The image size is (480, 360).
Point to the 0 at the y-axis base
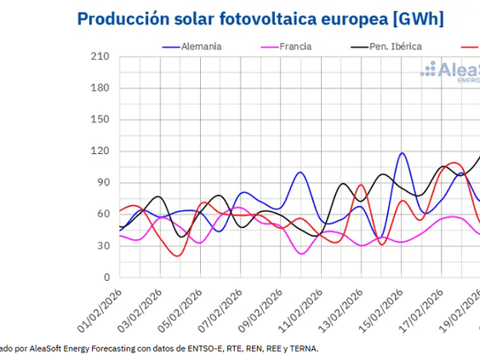click(x=106, y=277)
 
